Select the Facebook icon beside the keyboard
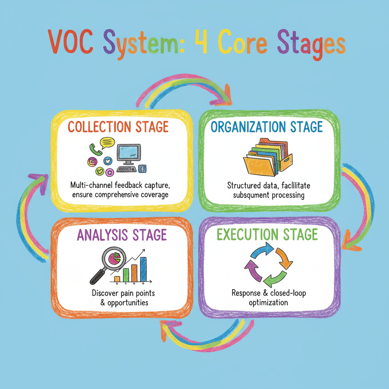(143, 169)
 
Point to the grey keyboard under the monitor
(127, 170)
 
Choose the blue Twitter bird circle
(108, 161)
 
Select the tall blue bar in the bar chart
(143, 269)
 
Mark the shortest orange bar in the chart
(117, 279)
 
